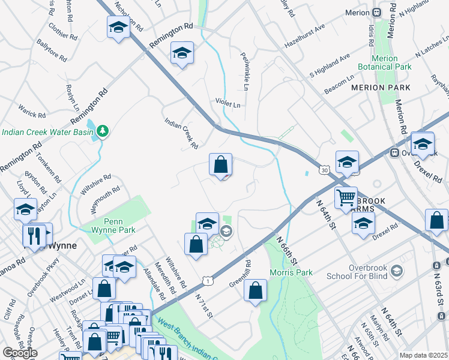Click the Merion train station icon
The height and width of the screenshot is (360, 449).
[376, 12]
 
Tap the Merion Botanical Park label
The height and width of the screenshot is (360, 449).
[385, 62]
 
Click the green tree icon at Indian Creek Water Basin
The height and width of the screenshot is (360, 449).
[103, 130]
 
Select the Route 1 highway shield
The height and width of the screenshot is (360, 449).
[207, 280]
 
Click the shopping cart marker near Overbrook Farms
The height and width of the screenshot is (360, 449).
[346, 197]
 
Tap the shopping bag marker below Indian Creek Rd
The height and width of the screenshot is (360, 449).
[221, 164]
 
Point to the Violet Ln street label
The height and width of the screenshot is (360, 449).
[228, 103]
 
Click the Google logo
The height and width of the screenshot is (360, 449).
[20, 353]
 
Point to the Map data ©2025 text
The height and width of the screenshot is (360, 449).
[423, 355]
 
